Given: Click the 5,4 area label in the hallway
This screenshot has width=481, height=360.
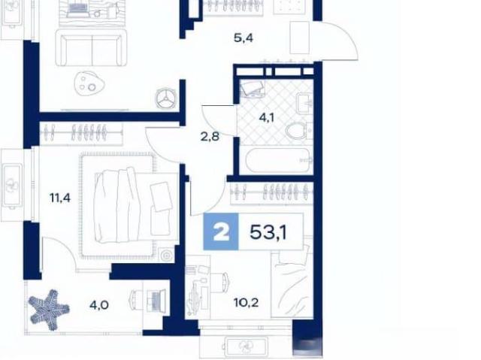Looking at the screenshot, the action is click(x=244, y=38).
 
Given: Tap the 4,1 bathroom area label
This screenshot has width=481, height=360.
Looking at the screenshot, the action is click(x=266, y=117).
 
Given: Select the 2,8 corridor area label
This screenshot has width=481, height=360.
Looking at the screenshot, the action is click(x=210, y=137).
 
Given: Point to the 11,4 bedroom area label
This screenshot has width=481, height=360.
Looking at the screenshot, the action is click(x=60, y=198).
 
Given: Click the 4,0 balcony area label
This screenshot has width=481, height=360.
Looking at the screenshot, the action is click(x=98, y=305).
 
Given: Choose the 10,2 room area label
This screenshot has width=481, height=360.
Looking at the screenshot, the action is click(x=246, y=303).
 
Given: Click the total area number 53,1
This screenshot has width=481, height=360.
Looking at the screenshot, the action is click(x=268, y=232).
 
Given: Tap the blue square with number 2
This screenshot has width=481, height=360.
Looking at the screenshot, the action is click(x=221, y=231).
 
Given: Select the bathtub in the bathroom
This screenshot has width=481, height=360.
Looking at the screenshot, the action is click(x=279, y=160).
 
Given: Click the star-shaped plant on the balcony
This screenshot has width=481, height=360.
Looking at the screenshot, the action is click(x=48, y=310).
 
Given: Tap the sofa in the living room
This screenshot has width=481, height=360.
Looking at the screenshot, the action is click(x=91, y=47).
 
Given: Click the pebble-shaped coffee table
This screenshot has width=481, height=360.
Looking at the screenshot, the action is click(x=89, y=83).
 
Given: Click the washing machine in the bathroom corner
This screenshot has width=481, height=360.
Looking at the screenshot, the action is click(x=252, y=89).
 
